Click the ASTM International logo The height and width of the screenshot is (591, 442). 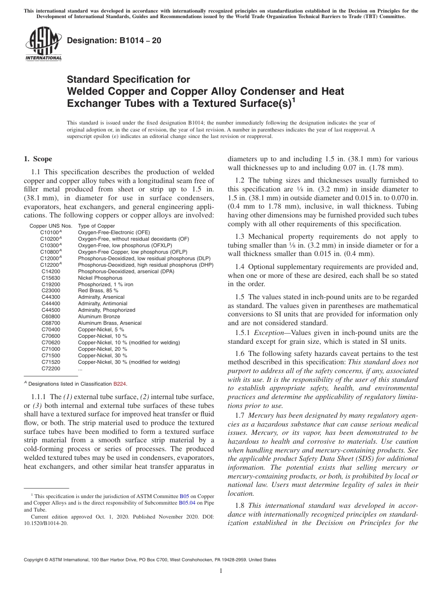pyautogui.click(x=43, y=45)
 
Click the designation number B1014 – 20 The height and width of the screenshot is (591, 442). pyautogui.click(x=114, y=40)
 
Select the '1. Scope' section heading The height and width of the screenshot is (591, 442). pyautogui.click(x=38, y=159)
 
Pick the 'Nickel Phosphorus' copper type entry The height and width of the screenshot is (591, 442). pyautogui.click(x=100, y=277)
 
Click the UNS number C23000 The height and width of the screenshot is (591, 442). pyautogui.click(x=50, y=290)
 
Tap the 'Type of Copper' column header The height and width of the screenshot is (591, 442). pyautogui.click(x=96, y=226)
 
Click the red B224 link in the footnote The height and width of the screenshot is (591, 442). pyautogui.click(x=120, y=384)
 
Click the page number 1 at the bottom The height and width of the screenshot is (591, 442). pyautogui.click(x=221, y=571)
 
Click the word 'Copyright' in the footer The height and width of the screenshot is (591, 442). pyautogui.click(x=34, y=560)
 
